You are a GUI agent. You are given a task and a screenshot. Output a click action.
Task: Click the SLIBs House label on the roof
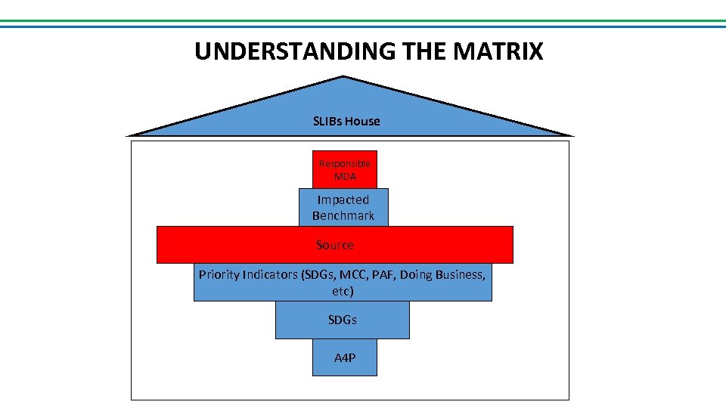click(346, 121)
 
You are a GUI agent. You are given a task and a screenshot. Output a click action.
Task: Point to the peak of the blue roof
click(344, 77)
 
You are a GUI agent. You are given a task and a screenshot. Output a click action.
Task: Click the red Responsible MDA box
click(344, 170)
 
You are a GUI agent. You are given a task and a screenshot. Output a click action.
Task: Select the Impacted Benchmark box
click(343, 207)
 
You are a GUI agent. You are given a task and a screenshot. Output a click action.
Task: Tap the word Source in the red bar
click(334, 245)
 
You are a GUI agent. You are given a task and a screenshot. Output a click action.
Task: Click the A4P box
click(345, 357)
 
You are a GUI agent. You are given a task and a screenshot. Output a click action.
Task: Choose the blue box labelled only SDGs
click(342, 320)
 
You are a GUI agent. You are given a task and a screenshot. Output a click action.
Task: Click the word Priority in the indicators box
click(219, 274)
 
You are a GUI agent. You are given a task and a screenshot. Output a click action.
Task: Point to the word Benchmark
click(343, 215)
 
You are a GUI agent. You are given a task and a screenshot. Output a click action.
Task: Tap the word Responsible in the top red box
click(345, 164)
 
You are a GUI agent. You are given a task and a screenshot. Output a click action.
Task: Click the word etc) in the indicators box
click(343, 291)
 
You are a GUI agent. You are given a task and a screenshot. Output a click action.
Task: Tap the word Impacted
click(343, 199)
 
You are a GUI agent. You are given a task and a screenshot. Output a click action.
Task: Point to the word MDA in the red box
click(345, 177)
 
